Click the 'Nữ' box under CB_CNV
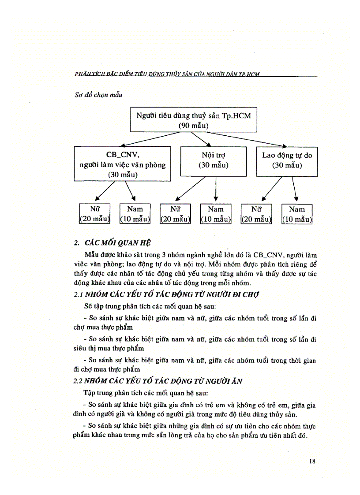pos(94,214)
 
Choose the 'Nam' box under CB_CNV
pos(135,214)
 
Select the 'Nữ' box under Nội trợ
pos(175,214)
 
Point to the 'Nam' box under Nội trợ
pos(216,214)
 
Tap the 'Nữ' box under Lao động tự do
pos(256,214)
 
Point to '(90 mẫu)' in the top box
pos(193,126)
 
